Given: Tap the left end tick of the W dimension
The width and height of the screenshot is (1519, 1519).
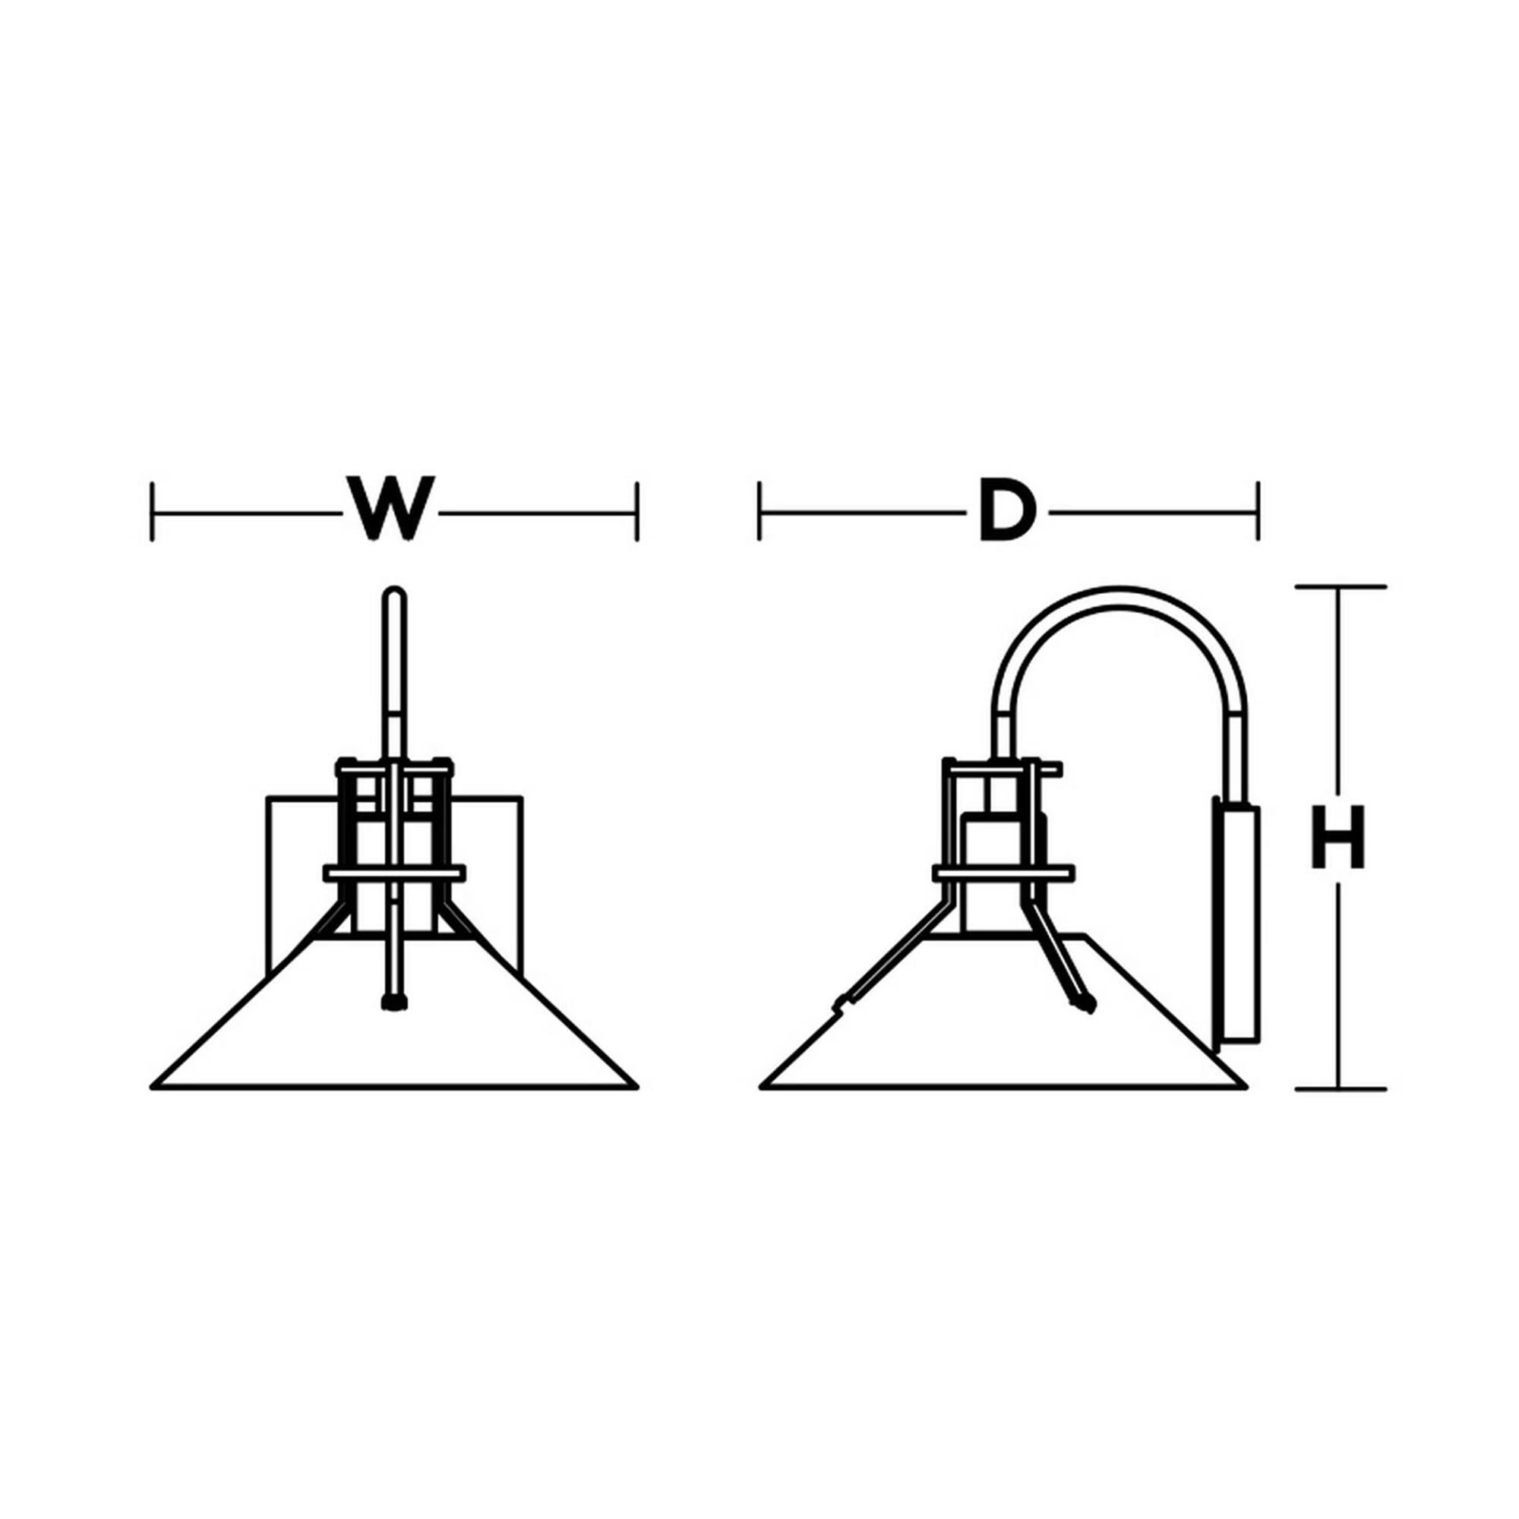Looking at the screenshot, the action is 152,512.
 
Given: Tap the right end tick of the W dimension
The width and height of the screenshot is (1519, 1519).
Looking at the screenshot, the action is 637,512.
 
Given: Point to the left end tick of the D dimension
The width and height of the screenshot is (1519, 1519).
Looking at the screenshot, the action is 759,512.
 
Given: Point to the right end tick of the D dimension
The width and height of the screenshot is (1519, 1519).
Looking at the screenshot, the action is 1258,512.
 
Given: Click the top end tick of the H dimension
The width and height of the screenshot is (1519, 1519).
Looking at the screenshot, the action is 1341,586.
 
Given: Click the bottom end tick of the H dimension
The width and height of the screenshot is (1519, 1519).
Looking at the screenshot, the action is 1341,1089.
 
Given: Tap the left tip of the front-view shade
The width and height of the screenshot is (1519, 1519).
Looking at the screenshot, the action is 152,1088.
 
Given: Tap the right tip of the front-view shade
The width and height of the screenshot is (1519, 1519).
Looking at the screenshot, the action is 637,1088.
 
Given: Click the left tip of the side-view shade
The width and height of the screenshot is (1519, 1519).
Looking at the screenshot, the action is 761,1088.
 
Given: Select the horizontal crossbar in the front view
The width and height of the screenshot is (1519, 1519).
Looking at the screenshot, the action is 394,873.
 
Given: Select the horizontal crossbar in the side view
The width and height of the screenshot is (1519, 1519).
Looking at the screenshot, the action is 1003,873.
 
